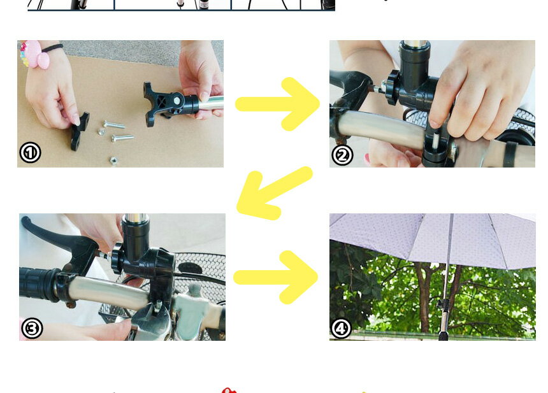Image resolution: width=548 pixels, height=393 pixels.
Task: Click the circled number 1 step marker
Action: [x=30, y=153]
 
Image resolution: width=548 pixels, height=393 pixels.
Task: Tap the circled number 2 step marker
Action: [x=342, y=154]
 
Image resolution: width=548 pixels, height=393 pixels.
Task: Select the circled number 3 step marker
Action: [x=32, y=328]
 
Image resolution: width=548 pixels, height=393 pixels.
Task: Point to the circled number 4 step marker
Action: [x=342, y=328]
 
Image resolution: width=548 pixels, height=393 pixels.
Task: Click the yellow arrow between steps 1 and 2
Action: [x=278, y=104]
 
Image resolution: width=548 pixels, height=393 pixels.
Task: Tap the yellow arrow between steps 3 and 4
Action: [x=276, y=276]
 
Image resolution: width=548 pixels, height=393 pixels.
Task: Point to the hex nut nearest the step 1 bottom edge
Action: [x=113, y=161]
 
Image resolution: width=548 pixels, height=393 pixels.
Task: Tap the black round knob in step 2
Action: [x=392, y=87]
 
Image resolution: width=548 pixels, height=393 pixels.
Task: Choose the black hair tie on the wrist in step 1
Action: [x=52, y=48]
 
